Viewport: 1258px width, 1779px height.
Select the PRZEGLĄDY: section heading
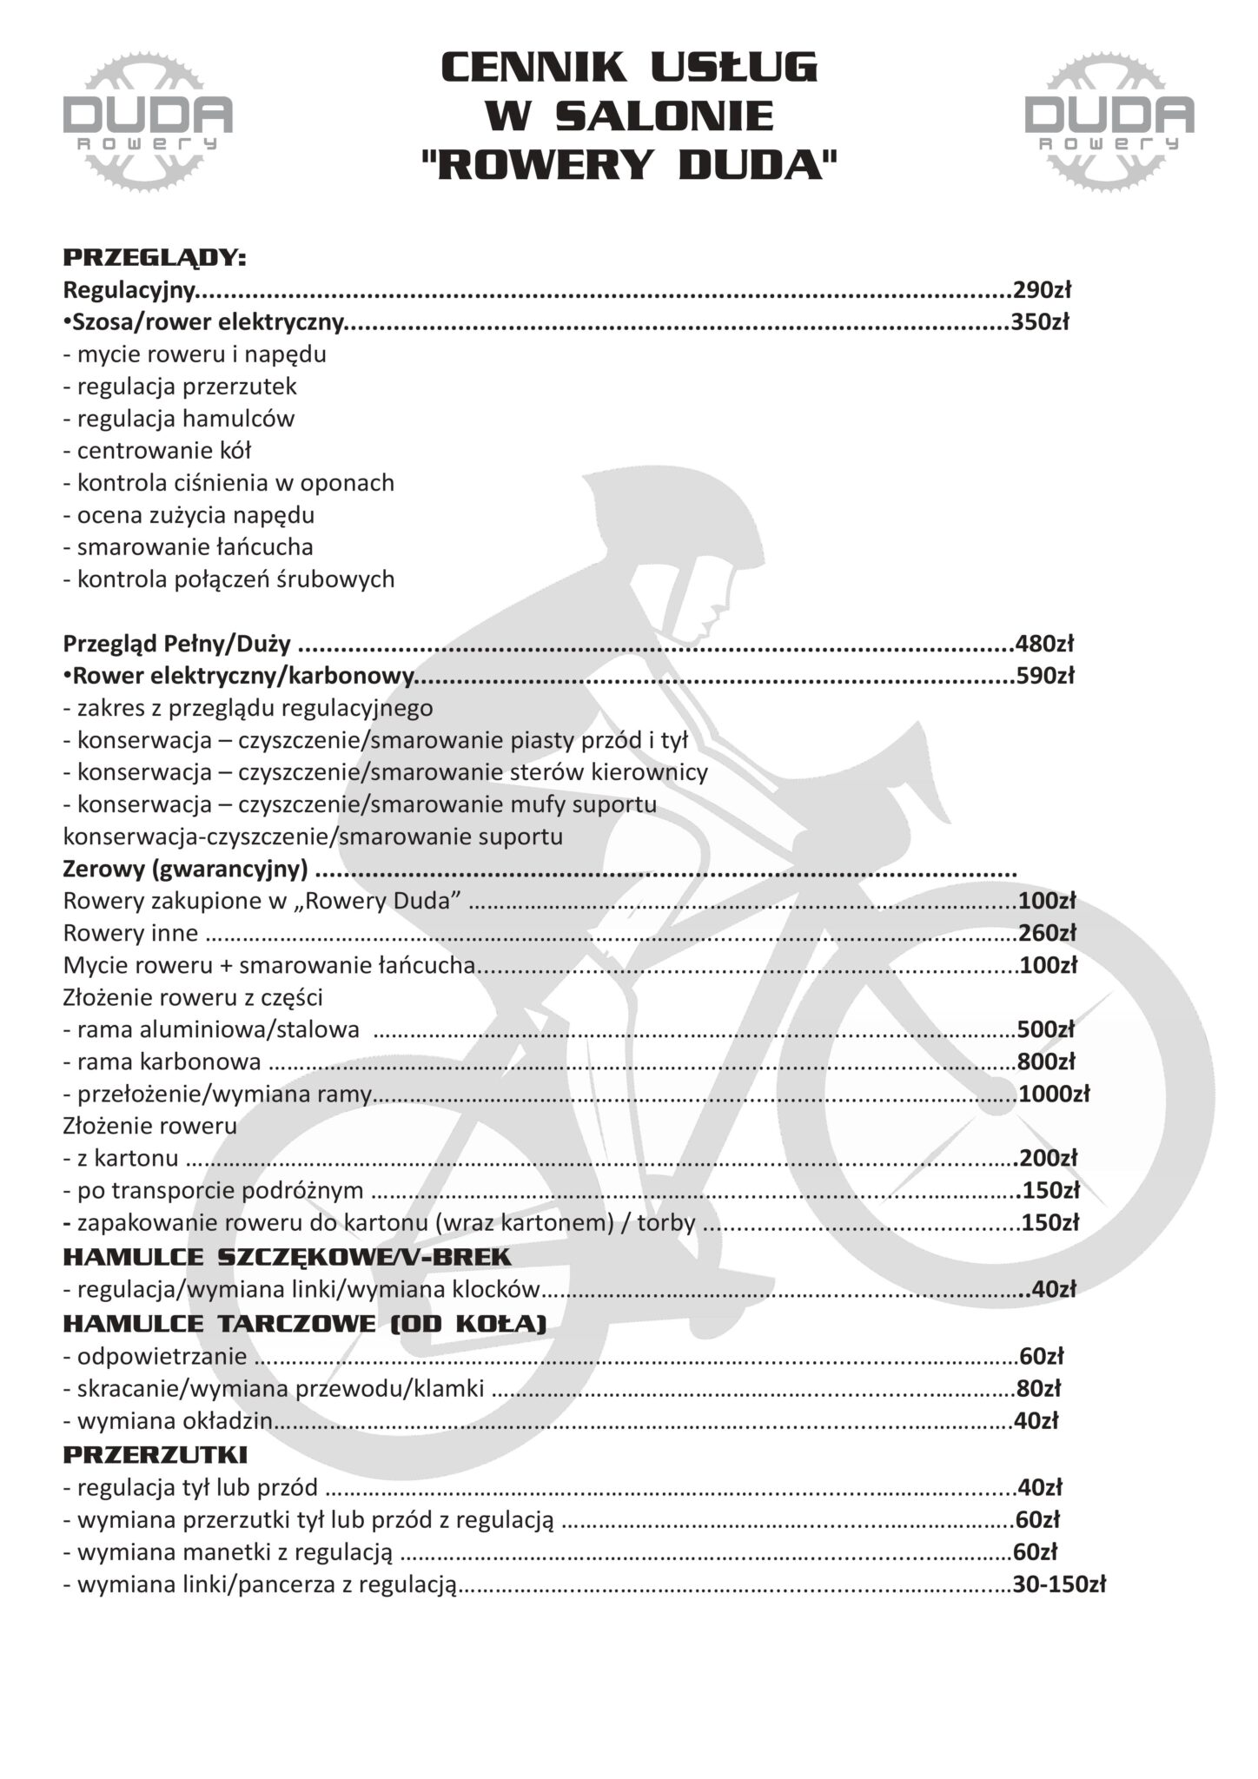tap(155, 258)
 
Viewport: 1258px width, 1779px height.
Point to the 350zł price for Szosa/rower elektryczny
tap(1040, 322)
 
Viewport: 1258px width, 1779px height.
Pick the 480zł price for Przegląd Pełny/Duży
tap(1044, 645)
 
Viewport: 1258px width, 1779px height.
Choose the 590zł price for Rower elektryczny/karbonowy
tap(1044, 676)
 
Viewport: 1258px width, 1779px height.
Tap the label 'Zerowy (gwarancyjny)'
tap(185, 870)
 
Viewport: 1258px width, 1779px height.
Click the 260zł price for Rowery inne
tap(1047, 934)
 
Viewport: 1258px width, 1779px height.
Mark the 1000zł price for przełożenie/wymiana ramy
tap(1054, 1094)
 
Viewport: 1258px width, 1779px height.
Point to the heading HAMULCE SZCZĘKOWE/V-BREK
tap(288, 1257)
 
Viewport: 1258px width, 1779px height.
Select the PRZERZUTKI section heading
tap(156, 1454)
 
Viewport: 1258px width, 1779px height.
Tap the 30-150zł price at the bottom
tap(1059, 1584)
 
